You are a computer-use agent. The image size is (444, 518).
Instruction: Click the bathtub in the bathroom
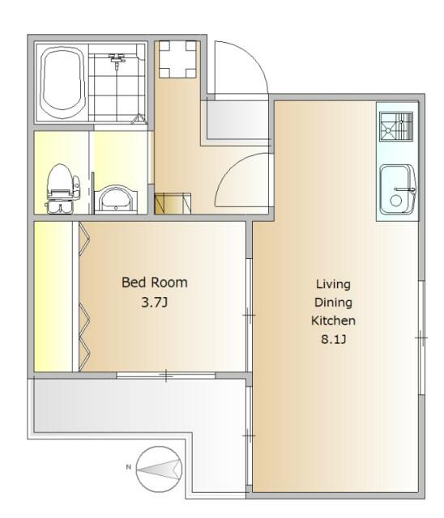click(62, 82)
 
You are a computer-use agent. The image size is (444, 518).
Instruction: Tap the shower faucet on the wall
click(117, 60)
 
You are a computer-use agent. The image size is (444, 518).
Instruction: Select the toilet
click(62, 189)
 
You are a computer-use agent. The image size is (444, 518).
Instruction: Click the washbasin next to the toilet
click(116, 199)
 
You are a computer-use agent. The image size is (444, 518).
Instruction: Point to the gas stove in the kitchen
click(396, 127)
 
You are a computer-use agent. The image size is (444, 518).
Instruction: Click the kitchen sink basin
click(397, 189)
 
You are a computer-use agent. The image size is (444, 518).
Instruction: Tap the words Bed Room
click(155, 282)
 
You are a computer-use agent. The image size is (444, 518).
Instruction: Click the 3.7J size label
click(155, 302)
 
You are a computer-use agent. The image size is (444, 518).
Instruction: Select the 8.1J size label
click(334, 339)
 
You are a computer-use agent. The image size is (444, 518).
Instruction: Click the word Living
click(333, 284)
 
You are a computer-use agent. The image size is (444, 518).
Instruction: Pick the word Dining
click(333, 303)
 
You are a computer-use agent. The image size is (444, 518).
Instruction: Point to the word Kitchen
click(333, 321)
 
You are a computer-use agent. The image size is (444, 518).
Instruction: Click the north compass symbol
click(160, 469)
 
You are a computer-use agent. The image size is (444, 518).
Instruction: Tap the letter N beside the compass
click(129, 467)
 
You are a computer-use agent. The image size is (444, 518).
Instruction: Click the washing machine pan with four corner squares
click(177, 59)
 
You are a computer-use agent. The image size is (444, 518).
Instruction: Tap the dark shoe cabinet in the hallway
click(173, 204)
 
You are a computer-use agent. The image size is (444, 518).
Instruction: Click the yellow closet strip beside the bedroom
click(53, 296)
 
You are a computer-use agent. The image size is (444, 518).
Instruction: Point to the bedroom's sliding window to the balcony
click(166, 376)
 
